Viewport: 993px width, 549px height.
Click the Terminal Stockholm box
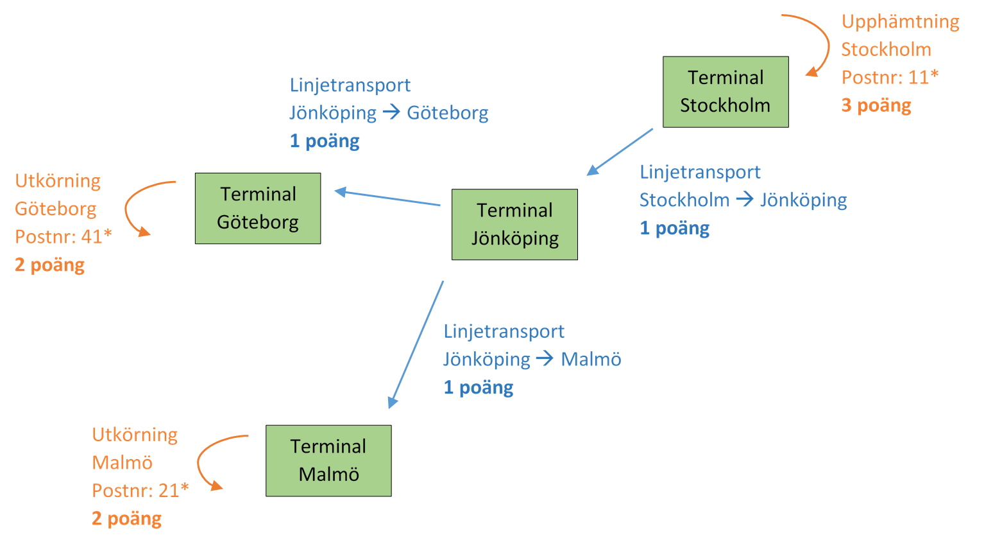726,92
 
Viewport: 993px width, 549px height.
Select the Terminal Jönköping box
514,224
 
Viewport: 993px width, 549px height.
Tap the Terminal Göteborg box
258,208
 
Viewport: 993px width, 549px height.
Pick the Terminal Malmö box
328,460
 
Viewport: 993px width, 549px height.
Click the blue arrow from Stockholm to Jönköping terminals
620,152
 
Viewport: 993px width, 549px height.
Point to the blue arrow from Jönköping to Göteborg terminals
387,198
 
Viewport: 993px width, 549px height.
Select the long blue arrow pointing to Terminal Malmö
416,345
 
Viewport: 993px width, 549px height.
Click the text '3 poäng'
876,105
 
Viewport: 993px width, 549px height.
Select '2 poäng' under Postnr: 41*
50,265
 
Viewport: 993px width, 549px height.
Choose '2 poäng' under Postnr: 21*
127,518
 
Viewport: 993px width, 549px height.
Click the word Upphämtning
900,22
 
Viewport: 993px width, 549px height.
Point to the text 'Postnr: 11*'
890,78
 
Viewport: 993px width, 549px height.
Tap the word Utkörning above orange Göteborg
58,181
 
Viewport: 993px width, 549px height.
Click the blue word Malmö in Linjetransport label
591,359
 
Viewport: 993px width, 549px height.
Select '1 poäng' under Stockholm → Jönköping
675,228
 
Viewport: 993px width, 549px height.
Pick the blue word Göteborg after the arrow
448,113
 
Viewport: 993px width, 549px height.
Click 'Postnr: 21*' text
140,491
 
